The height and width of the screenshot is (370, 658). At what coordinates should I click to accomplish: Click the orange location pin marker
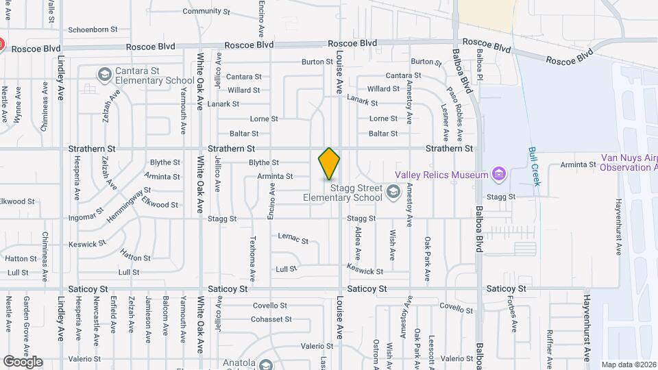(329, 164)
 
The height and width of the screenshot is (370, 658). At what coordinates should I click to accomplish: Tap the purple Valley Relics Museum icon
(498, 175)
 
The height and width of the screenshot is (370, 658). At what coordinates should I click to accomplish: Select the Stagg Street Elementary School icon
(393, 191)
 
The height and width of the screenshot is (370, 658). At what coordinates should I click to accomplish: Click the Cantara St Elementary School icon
(105, 74)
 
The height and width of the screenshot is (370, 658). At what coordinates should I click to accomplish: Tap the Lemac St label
(293, 237)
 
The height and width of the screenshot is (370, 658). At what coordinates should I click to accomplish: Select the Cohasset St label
(271, 319)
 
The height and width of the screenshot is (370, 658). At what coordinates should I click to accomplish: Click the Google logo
(23, 362)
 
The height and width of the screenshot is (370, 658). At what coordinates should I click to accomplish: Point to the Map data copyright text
(628, 365)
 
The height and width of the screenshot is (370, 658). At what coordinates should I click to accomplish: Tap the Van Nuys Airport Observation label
(629, 162)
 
